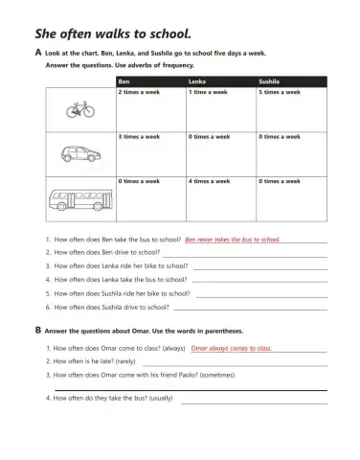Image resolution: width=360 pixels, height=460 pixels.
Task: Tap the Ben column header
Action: pyautogui.click(x=124, y=82)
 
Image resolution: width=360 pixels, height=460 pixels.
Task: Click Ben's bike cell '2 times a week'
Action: pyautogui.click(x=139, y=93)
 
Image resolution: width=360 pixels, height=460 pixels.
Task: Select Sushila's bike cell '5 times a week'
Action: pyautogui.click(x=279, y=93)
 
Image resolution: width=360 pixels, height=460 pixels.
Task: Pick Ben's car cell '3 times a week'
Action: pyautogui.click(x=139, y=137)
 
